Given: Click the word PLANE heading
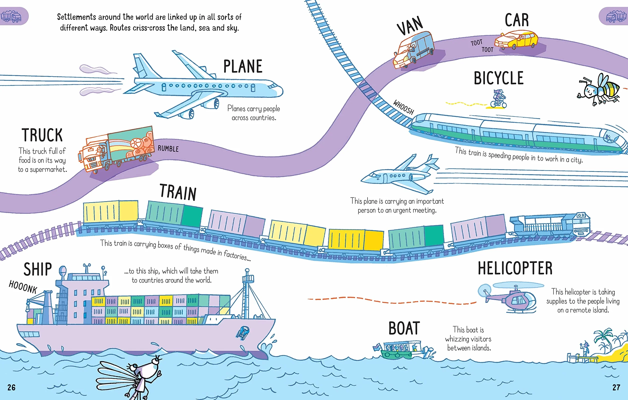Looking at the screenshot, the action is tap(243, 66).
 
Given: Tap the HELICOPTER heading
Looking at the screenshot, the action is tap(515, 268).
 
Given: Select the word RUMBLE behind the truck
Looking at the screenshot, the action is tap(168, 149).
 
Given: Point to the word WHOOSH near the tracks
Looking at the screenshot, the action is tap(404, 107).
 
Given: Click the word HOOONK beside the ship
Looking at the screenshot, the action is tap(23, 287).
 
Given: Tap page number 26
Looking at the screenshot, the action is tap(12, 387).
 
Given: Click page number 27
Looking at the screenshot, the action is tap(616, 387).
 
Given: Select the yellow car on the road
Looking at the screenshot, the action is tap(516, 40).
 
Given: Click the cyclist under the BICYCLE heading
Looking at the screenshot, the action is tap(499, 99).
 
